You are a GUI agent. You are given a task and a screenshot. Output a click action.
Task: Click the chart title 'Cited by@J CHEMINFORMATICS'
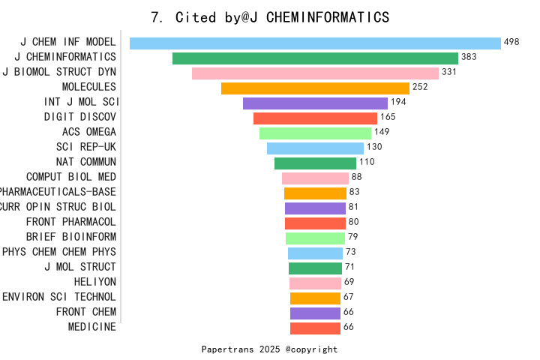[x=270, y=17]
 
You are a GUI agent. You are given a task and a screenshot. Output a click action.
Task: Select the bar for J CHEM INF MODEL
[x=315, y=43]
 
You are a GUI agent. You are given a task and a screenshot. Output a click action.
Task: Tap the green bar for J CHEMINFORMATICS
[x=315, y=58]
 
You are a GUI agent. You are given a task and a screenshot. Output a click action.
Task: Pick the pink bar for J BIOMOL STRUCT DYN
[x=315, y=73]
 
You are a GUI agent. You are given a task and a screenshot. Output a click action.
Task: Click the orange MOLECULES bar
[x=315, y=88]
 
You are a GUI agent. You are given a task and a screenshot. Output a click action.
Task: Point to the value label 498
[x=512, y=42]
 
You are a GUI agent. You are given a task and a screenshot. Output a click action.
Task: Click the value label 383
[x=469, y=57]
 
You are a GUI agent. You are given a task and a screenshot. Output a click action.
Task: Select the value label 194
[x=399, y=102]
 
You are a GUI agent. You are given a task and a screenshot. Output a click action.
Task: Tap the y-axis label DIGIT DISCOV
[x=80, y=117]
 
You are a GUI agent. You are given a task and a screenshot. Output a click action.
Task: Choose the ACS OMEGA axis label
[x=89, y=132]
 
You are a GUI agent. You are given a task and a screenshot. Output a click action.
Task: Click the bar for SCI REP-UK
[x=315, y=148]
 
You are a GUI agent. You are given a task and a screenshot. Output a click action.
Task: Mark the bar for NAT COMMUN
[x=315, y=163]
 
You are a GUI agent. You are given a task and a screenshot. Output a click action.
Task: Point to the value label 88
[x=357, y=177]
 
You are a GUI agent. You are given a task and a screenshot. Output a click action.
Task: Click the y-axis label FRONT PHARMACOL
[x=71, y=222]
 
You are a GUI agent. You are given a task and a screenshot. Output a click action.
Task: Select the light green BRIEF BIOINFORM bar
[x=315, y=238]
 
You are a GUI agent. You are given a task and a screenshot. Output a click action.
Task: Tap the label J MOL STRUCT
[x=80, y=267]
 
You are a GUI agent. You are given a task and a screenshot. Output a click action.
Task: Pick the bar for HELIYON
[x=315, y=283]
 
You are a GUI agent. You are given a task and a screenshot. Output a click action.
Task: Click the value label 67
[x=349, y=297]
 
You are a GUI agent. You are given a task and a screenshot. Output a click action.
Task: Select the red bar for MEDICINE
[x=315, y=328]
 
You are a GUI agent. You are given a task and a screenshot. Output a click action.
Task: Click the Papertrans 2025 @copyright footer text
[x=270, y=349]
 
